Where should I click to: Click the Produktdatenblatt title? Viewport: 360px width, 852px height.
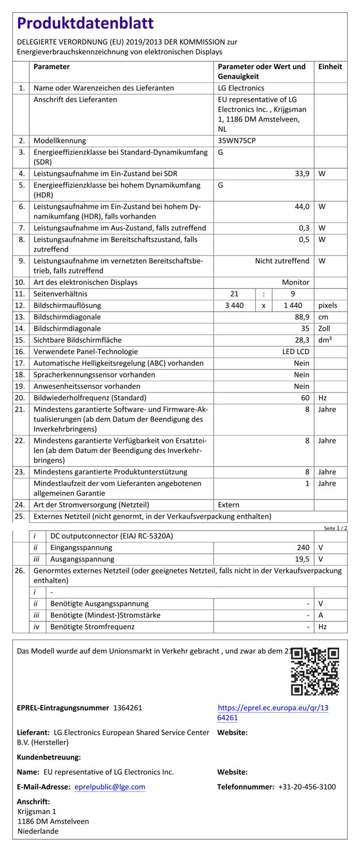tap(85, 23)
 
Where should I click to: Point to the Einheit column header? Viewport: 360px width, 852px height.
tap(330, 67)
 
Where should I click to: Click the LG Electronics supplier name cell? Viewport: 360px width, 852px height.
tap(241, 88)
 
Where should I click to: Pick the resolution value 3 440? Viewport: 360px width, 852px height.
tap(234, 306)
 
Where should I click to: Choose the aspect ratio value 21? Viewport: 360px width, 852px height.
tap(234, 294)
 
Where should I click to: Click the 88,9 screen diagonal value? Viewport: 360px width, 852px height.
tap(302, 317)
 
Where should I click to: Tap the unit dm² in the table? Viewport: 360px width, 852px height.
tap(325, 340)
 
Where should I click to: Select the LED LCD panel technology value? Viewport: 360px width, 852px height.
tap(296, 352)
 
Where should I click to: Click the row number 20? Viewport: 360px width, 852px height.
tap(20, 398)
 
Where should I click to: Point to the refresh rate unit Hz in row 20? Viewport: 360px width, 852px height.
tap(322, 398)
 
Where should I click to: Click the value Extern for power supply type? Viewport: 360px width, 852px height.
tap(228, 505)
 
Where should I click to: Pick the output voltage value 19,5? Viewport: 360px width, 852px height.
tap(302, 559)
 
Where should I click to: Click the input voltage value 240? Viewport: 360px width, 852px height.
tap(303, 547)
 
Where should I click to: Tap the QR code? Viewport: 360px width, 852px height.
tap(315, 671)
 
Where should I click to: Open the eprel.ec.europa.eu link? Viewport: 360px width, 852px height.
tap(273, 713)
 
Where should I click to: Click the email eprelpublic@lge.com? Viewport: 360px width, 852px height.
tap(110, 787)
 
